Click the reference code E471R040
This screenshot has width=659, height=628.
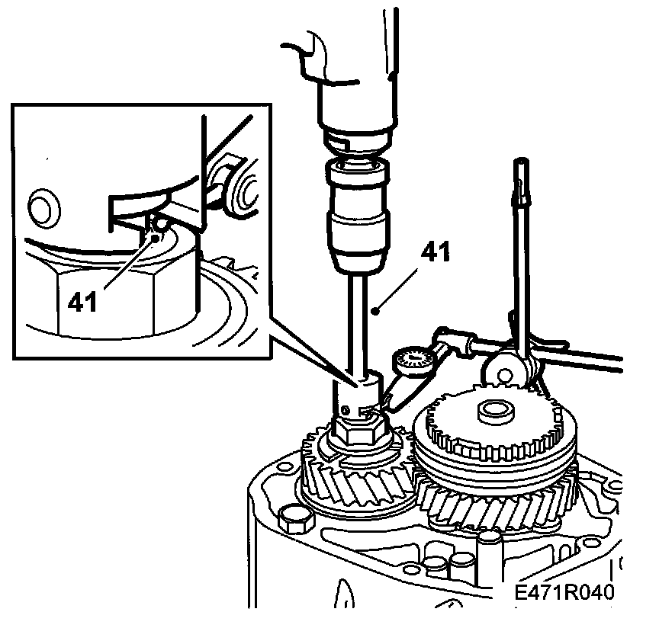coord(564,594)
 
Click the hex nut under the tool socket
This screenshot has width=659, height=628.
coord(358,433)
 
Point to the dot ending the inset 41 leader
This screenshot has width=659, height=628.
coord(156,238)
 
